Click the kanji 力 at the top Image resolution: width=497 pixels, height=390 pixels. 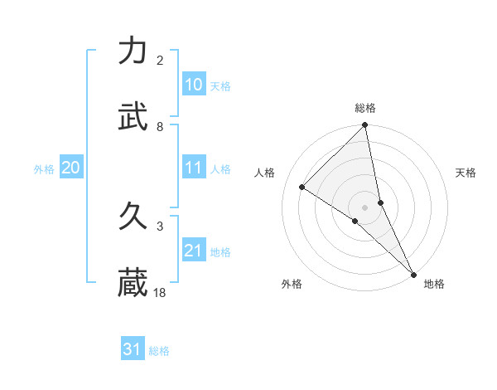[x=133, y=51]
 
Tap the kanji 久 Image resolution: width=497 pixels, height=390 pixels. [x=133, y=217]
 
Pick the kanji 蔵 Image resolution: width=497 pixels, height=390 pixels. [x=133, y=282]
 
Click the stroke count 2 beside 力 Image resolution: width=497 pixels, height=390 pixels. [x=160, y=61]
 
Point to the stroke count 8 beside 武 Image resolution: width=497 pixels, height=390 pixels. [x=160, y=126]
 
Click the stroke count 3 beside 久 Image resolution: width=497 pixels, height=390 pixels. [x=160, y=226]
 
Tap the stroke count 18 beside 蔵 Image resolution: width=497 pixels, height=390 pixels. [x=160, y=292]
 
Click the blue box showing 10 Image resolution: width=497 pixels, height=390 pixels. [x=193, y=85]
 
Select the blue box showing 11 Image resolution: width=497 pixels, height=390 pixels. [x=193, y=168]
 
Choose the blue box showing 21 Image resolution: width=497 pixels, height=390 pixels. [x=193, y=251]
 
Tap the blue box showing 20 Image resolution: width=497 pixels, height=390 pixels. [x=70, y=168]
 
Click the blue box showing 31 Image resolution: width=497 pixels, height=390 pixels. [x=133, y=349]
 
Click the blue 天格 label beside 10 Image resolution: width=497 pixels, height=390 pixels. [x=220, y=86]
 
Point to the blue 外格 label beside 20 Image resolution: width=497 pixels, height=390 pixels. [x=44, y=169]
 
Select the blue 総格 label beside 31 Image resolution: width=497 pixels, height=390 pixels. [x=159, y=351]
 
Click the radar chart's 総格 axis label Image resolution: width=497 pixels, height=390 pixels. [x=365, y=108]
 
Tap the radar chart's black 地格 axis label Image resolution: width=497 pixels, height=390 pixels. [x=434, y=284]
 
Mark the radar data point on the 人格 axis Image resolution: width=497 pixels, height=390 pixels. [x=302, y=188]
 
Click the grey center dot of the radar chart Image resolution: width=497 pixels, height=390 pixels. [x=365, y=207]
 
